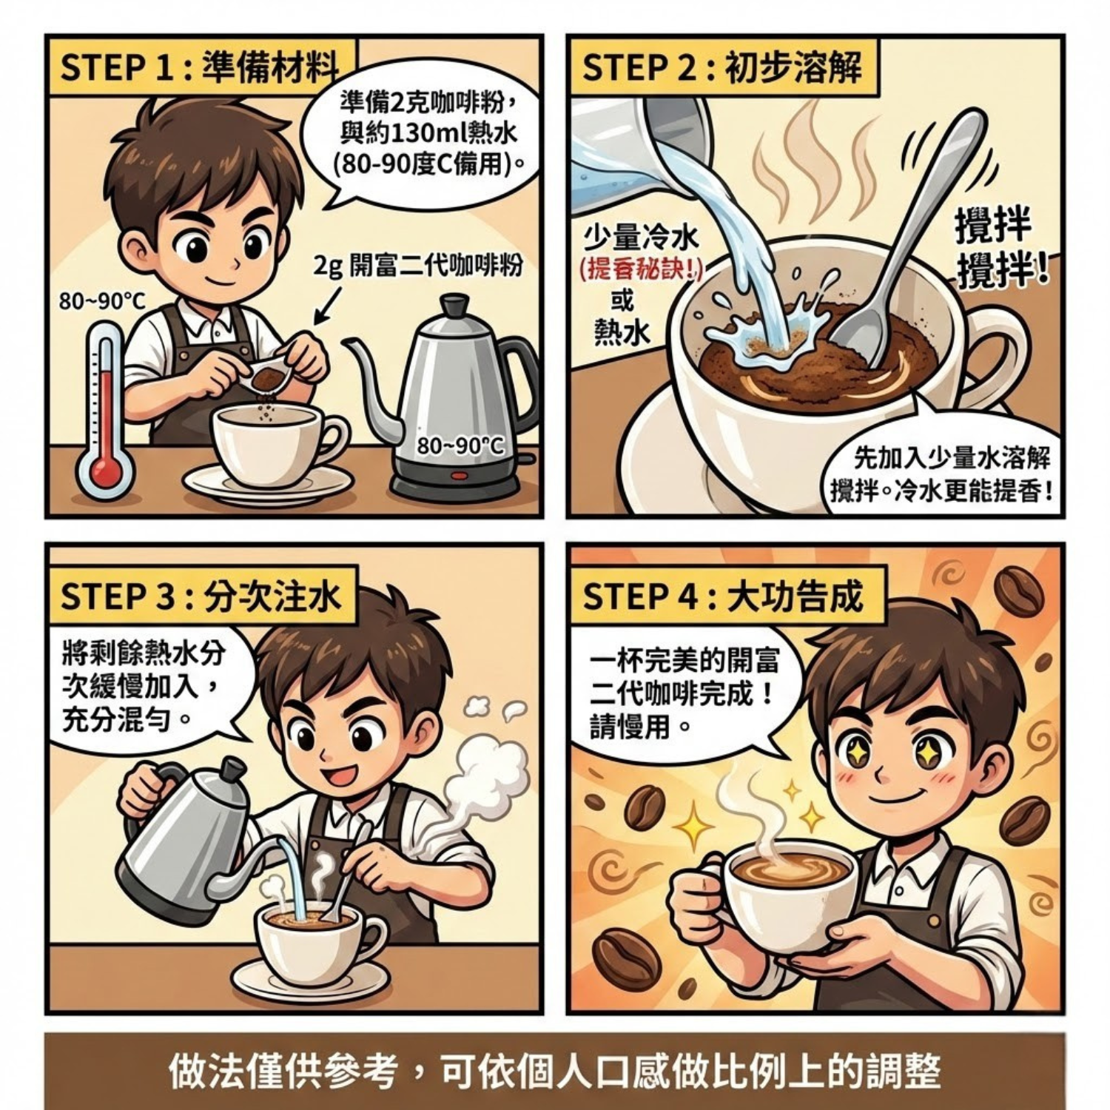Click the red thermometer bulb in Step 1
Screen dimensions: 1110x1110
105,471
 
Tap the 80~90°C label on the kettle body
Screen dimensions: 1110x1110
460,445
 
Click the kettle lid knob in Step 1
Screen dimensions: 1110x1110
454,303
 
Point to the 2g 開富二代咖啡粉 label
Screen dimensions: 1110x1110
418,264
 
